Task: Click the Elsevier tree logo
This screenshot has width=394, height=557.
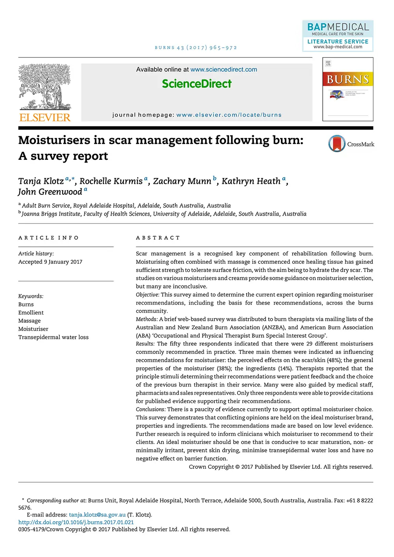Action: pyautogui.click(x=45, y=87)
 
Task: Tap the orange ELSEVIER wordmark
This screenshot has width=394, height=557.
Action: pyautogui.click(x=45, y=117)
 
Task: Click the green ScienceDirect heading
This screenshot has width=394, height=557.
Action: pyautogui.click(x=197, y=84)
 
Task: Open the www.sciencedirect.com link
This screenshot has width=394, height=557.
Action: pyautogui.click(x=223, y=70)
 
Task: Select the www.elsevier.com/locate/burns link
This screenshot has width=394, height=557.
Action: pyautogui.click(x=229, y=115)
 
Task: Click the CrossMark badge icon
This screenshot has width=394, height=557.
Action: pyautogui.click(x=337, y=144)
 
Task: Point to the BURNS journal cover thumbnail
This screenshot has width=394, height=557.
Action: pyautogui.click(x=348, y=89)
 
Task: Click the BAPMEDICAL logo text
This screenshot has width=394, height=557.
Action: pyautogui.click(x=338, y=27)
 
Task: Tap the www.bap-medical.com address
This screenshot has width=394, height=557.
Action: pyautogui.click(x=338, y=47)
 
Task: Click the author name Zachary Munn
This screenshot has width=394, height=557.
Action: pyautogui.click(x=182, y=181)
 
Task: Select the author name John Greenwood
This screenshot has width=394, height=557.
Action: pyautogui.click(x=50, y=192)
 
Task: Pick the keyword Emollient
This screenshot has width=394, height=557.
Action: pyautogui.click(x=31, y=313)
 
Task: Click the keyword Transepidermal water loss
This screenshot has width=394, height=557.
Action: pyautogui.click(x=53, y=337)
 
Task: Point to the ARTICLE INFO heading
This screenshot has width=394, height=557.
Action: pyautogui.click(x=48, y=238)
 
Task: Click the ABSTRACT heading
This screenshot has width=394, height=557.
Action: pyautogui.click(x=158, y=238)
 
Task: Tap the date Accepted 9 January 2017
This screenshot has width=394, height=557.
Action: pyautogui.click(x=50, y=262)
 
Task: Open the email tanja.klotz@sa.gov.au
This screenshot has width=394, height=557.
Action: pyautogui.click(x=97, y=515)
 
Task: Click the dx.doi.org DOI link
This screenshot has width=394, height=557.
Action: pyautogui.click(x=76, y=522)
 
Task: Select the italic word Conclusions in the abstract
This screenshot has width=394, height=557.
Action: pyautogui.click(x=151, y=409)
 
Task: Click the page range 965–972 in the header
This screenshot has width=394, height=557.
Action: pyautogui.click(x=223, y=48)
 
